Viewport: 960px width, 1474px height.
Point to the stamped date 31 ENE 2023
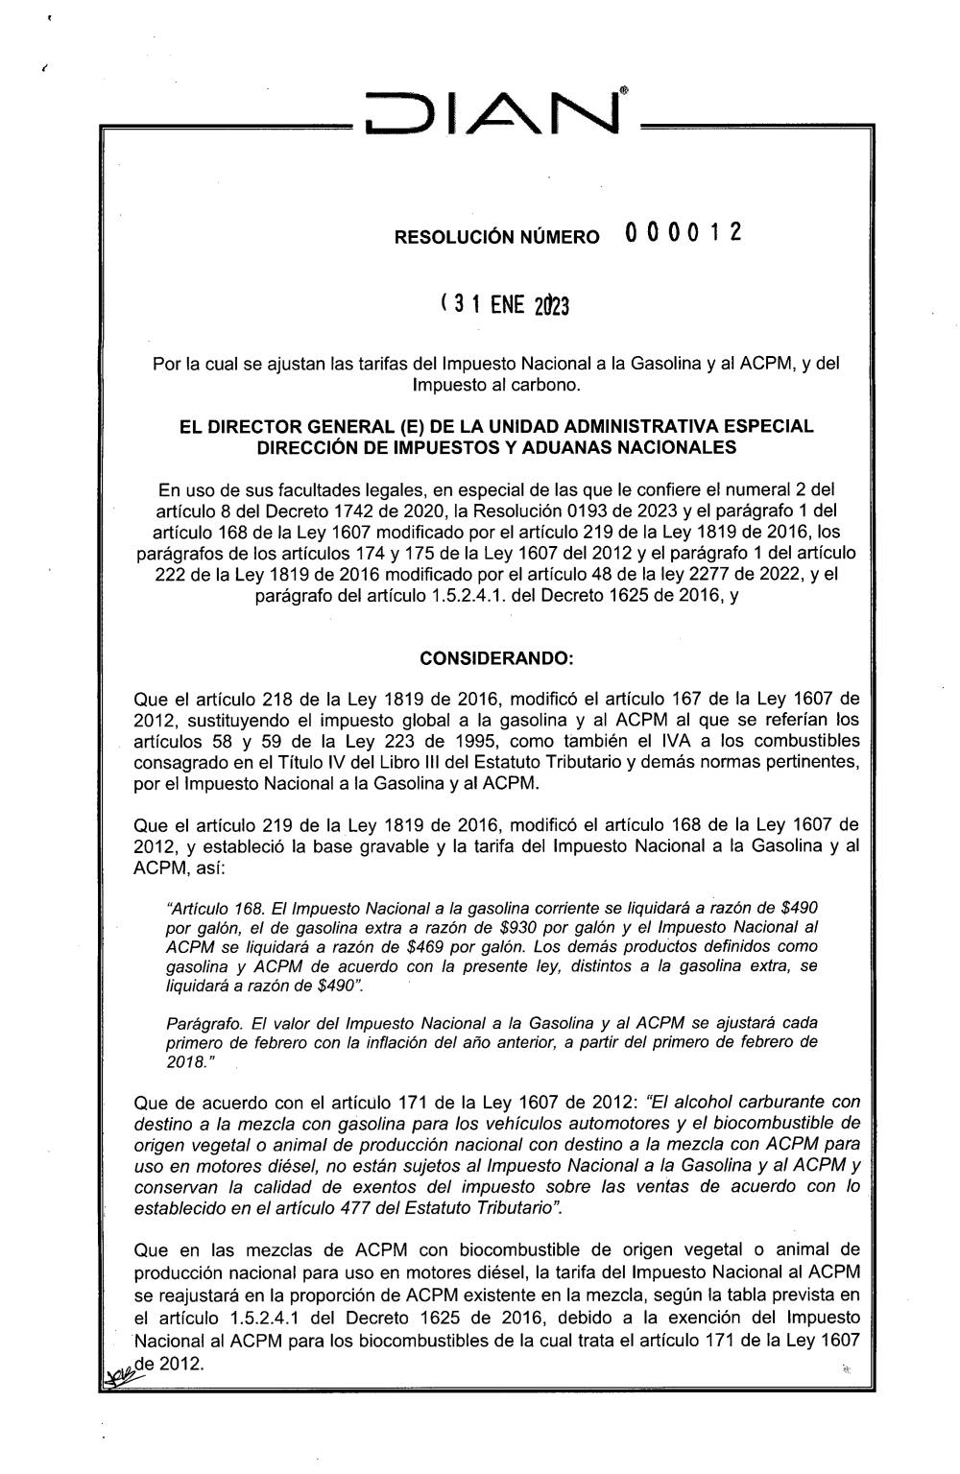coord(504,305)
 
